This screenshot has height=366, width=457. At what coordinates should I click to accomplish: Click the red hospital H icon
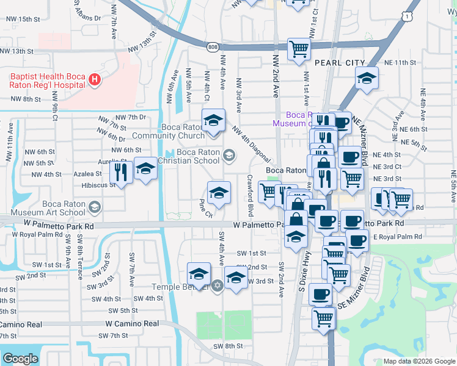pyautogui.click(x=94, y=79)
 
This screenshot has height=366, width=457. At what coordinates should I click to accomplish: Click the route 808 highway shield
pyautogui.click(x=212, y=46)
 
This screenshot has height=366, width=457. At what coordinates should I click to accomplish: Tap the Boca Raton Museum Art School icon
pyautogui.click(x=94, y=208)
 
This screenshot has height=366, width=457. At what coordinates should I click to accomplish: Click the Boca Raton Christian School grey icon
pyautogui.click(x=228, y=156)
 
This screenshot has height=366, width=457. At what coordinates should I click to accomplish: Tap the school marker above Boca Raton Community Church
pyautogui.click(x=214, y=121)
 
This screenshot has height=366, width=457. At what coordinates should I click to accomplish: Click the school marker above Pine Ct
pyautogui.click(x=219, y=193)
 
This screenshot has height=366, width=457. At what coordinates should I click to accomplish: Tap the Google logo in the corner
pyautogui.click(x=20, y=359)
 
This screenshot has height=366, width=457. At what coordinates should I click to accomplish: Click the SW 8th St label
pyautogui.click(x=228, y=346)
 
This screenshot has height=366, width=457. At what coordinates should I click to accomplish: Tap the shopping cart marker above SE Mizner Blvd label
pyautogui.click(x=338, y=275)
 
